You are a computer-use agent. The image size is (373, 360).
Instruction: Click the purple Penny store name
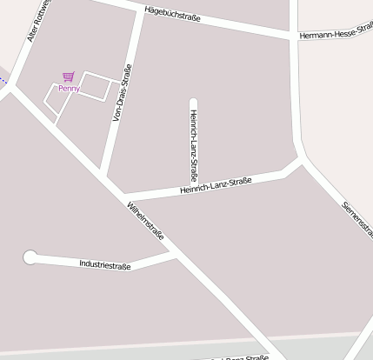point(69,88)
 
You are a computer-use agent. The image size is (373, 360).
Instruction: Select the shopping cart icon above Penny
point(68,77)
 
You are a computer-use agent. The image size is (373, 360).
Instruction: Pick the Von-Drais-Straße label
point(123,91)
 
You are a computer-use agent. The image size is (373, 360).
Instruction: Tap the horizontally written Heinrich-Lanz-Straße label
point(216,185)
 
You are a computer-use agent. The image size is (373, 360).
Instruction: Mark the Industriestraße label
point(105,264)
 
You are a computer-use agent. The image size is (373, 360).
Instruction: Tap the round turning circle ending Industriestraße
point(30,257)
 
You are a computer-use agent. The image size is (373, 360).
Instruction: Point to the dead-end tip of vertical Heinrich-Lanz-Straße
point(194,102)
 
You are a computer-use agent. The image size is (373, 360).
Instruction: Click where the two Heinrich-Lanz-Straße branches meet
point(194,187)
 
